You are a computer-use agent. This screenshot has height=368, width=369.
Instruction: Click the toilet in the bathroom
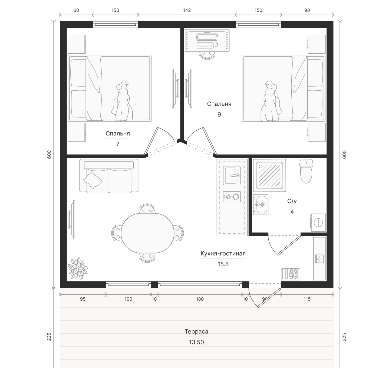(306, 171)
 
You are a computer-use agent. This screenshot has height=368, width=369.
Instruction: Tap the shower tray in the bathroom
(269, 175)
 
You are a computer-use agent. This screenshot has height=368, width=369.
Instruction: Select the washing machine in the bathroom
(318, 222)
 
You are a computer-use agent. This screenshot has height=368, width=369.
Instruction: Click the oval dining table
(147, 233)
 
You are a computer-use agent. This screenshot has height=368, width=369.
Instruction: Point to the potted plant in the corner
(78, 268)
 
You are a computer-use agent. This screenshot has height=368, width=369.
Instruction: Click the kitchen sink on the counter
(232, 175)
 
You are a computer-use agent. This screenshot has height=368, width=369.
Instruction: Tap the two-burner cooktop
(232, 196)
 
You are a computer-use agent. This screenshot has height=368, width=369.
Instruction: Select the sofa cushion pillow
(93, 180)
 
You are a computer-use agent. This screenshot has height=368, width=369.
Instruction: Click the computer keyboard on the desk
(205, 45)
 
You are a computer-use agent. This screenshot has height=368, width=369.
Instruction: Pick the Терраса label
(196, 331)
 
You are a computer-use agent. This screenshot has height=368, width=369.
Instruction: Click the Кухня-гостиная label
(223, 254)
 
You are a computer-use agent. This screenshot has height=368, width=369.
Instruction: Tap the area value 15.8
(223, 264)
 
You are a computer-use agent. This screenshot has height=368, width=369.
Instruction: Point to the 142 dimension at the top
(187, 10)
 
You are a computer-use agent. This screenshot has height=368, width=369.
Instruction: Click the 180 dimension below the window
(200, 299)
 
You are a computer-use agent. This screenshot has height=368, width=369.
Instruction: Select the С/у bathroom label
(292, 201)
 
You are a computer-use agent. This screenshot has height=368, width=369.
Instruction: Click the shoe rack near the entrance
(291, 274)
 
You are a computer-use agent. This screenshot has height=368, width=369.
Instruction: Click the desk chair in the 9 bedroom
(207, 55)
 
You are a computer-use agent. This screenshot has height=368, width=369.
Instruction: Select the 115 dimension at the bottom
(307, 299)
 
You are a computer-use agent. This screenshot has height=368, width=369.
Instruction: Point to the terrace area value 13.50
(196, 342)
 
